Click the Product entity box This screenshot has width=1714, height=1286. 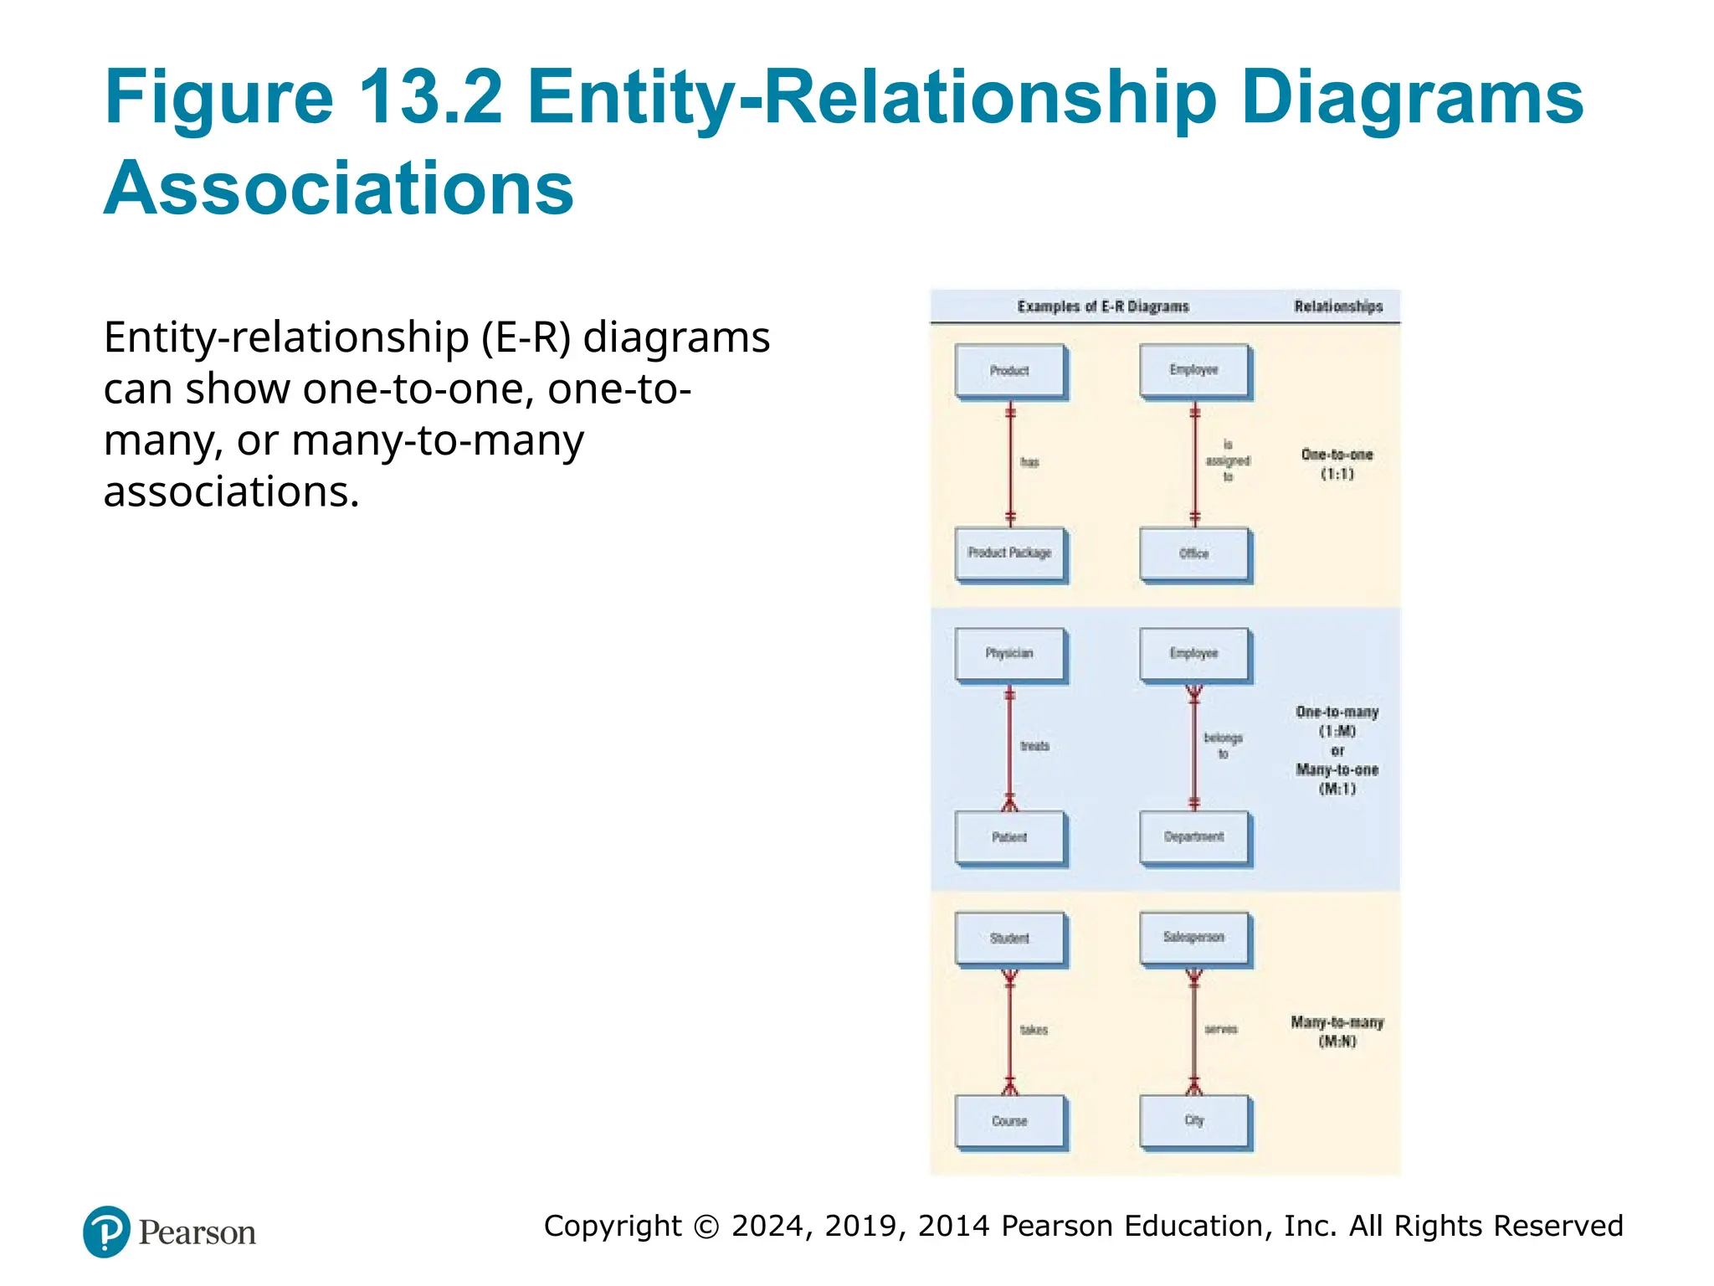(1010, 371)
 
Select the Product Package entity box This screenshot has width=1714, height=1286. (1010, 553)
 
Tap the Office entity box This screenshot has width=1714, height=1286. (1194, 553)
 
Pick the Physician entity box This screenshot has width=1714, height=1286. (1010, 654)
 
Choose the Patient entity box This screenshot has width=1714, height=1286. (1010, 837)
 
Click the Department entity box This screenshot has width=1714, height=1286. (1194, 837)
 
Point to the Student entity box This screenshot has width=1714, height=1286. (1010, 939)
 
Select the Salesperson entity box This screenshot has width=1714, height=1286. (1194, 938)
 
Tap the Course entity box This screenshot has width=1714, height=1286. (1010, 1121)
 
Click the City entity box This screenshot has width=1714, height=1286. (1194, 1121)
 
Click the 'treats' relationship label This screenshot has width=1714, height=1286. (1035, 746)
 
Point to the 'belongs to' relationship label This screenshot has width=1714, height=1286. (1223, 746)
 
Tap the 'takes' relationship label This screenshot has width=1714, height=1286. (1034, 1030)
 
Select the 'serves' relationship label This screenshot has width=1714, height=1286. (1221, 1029)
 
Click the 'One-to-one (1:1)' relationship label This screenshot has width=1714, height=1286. (1337, 465)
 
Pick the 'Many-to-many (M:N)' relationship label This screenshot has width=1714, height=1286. (1337, 1031)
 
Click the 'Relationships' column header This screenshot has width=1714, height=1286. (1338, 306)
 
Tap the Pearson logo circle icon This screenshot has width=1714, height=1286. (106, 1232)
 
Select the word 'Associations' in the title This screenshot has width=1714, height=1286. (339, 188)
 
